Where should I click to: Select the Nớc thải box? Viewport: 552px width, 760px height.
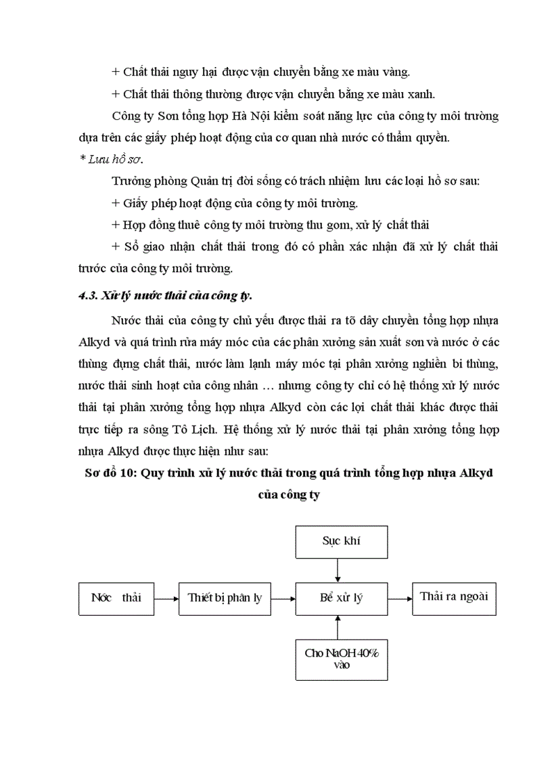[x=116, y=598]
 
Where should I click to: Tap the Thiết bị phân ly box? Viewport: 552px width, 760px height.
[x=225, y=598]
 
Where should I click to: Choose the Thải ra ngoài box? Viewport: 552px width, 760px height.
[x=454, y=598]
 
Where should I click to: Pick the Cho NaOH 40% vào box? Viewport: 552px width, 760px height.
[x=337, y=658]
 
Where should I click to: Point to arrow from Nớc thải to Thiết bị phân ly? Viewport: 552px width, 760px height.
[x=166, y=598]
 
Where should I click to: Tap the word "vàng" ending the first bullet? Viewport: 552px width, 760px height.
[x=395, y=72]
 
